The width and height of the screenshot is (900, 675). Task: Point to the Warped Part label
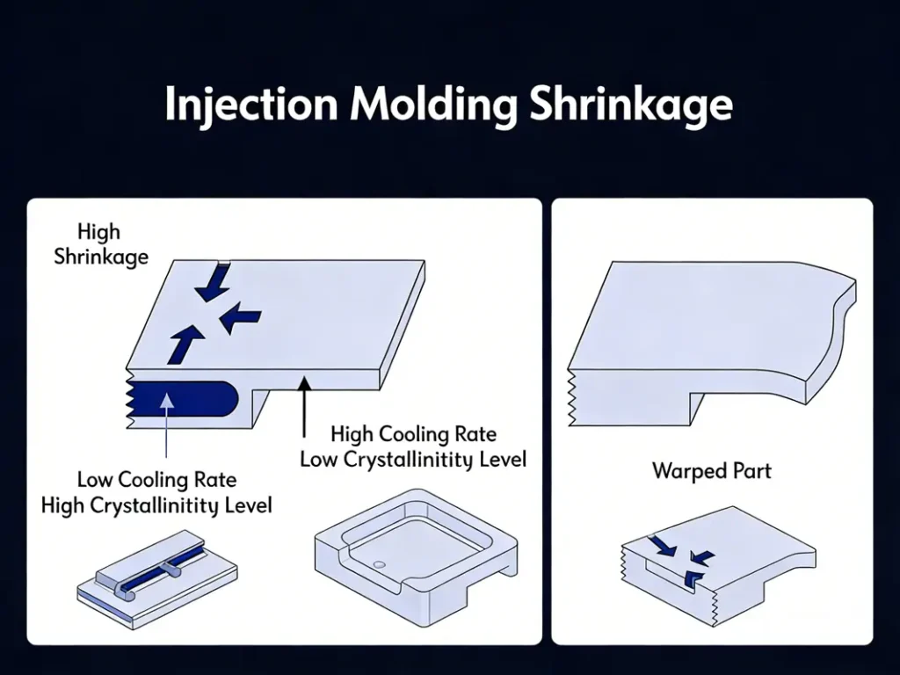point(711,470)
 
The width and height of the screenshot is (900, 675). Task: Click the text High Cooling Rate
point(413,434)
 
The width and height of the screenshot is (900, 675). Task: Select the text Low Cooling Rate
point(156,480)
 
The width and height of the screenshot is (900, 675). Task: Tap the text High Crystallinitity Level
point(156,505)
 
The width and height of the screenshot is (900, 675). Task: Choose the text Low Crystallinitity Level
point(413,459)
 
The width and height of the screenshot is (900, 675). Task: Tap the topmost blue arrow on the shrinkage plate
point(215,279)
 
